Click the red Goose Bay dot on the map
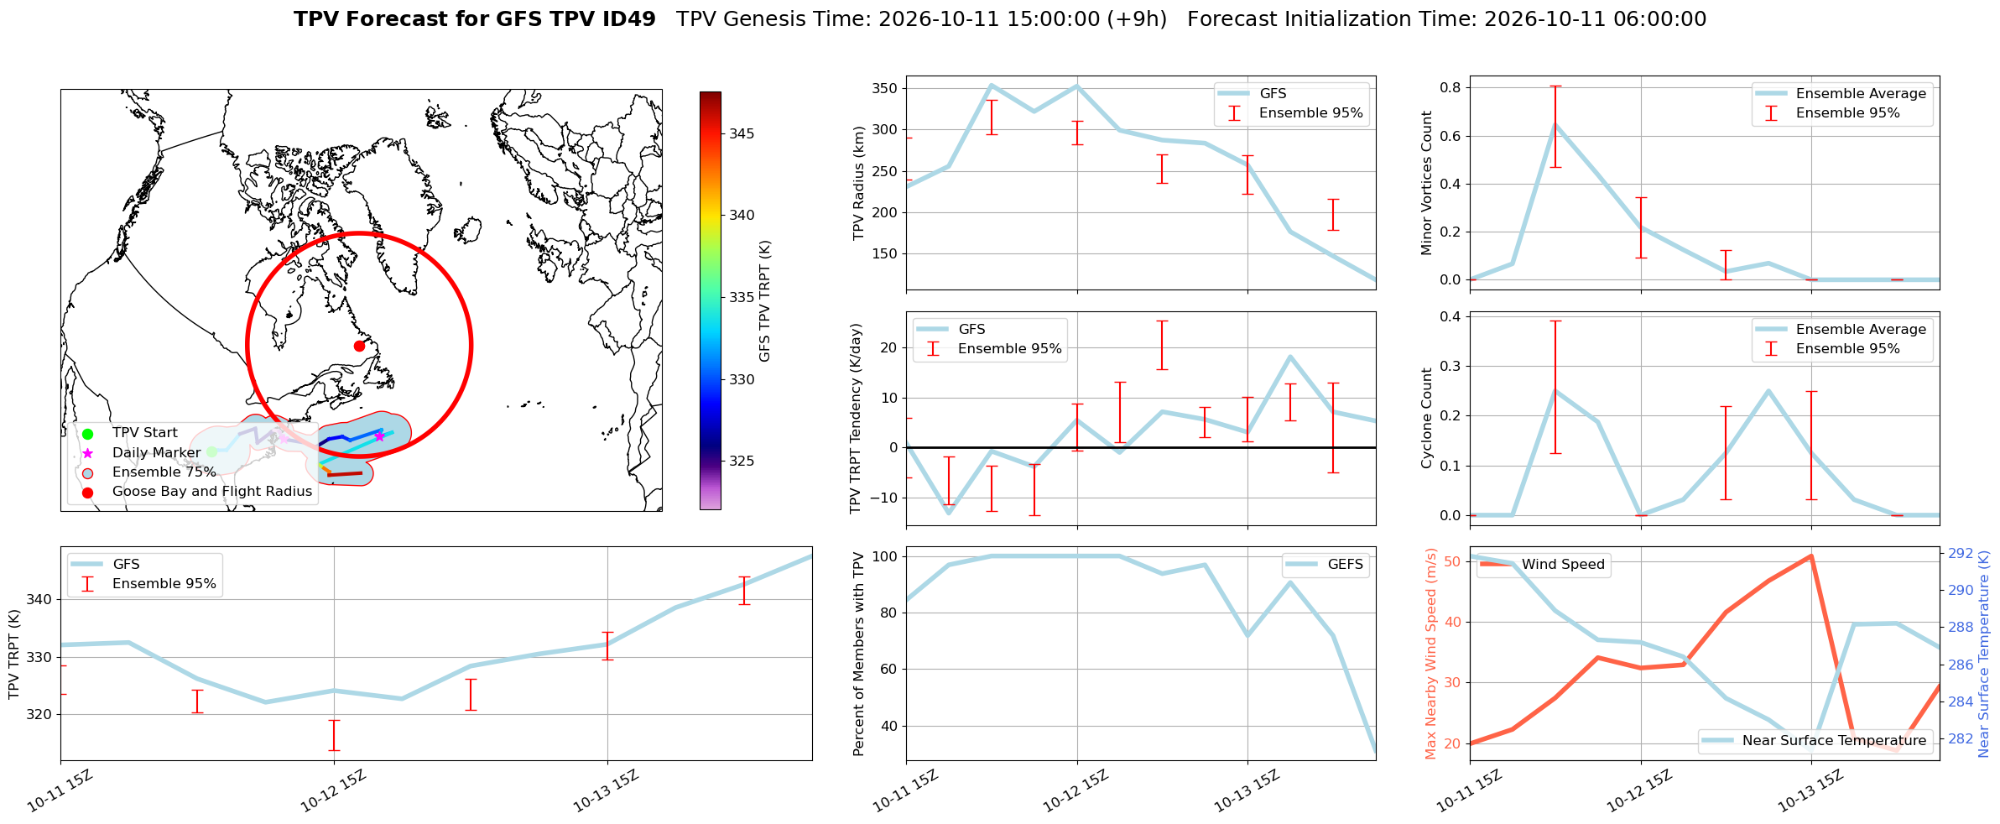pos(359,346)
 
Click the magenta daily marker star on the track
pos(379,435)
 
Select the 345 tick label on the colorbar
pos(742,133)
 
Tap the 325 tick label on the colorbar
pos(742,461)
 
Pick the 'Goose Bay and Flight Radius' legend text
pos(212,492)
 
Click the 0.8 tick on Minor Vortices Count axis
pos(1451,87)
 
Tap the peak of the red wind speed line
pos(1811,555)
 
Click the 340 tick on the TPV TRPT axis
pos(39,599)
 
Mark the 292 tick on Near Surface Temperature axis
pos(1961,553)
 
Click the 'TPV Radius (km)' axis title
pos(858,183)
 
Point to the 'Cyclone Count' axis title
pos(1426,417)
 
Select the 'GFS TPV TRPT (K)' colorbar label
pos(764,301)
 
